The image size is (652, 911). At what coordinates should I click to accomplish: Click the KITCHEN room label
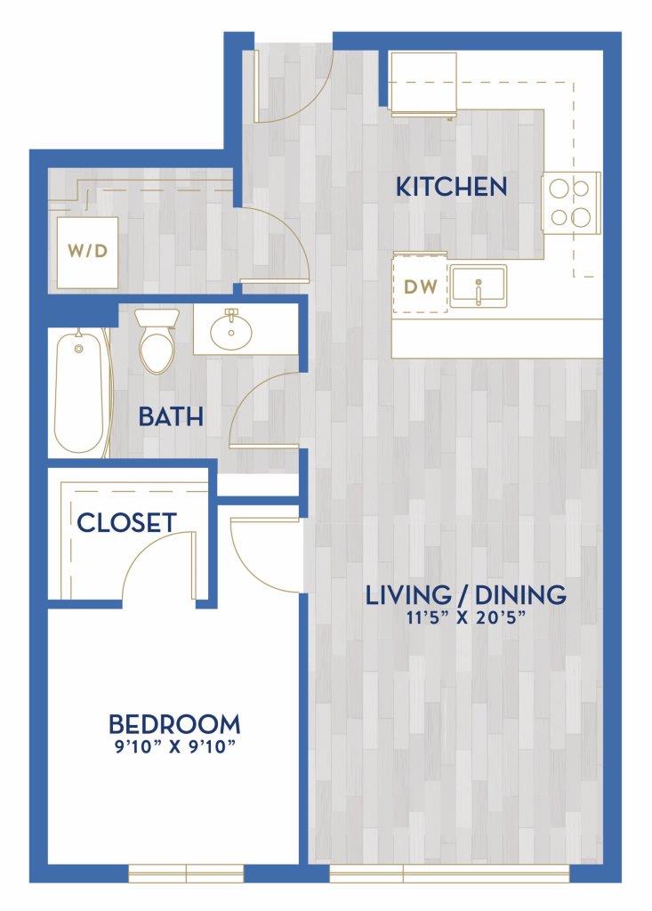451,187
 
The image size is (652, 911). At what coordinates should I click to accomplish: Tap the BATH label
171,416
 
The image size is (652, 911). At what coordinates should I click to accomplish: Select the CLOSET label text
126,522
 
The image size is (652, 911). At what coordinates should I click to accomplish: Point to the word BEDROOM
174,724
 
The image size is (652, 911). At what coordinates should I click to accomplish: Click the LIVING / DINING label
465,594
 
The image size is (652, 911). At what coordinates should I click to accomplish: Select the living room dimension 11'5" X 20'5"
465,617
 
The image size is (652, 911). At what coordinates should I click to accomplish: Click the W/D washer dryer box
87,251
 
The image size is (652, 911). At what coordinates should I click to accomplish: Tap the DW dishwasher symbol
421,286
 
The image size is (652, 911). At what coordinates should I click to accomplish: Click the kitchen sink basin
479,286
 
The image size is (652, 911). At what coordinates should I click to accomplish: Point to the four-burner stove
571,202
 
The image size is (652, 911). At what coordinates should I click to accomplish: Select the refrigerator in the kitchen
423,84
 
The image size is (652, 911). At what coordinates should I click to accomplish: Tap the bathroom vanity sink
231,330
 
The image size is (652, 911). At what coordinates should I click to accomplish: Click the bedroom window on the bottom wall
186,873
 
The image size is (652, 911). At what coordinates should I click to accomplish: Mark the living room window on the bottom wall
449,873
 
